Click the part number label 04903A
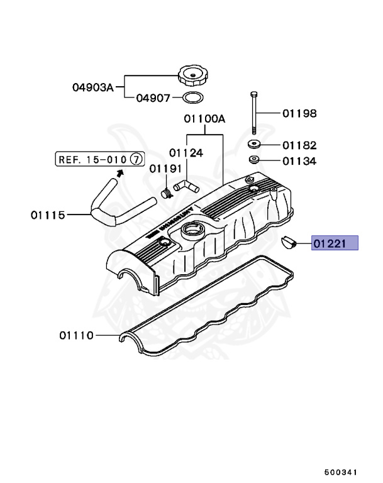(92, 88)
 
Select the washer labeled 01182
(255, 145)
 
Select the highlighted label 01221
(335, 243)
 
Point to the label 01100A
(204, 118)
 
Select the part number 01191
(165, 169)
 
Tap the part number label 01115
(48, 214)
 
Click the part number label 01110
(77, 336)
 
